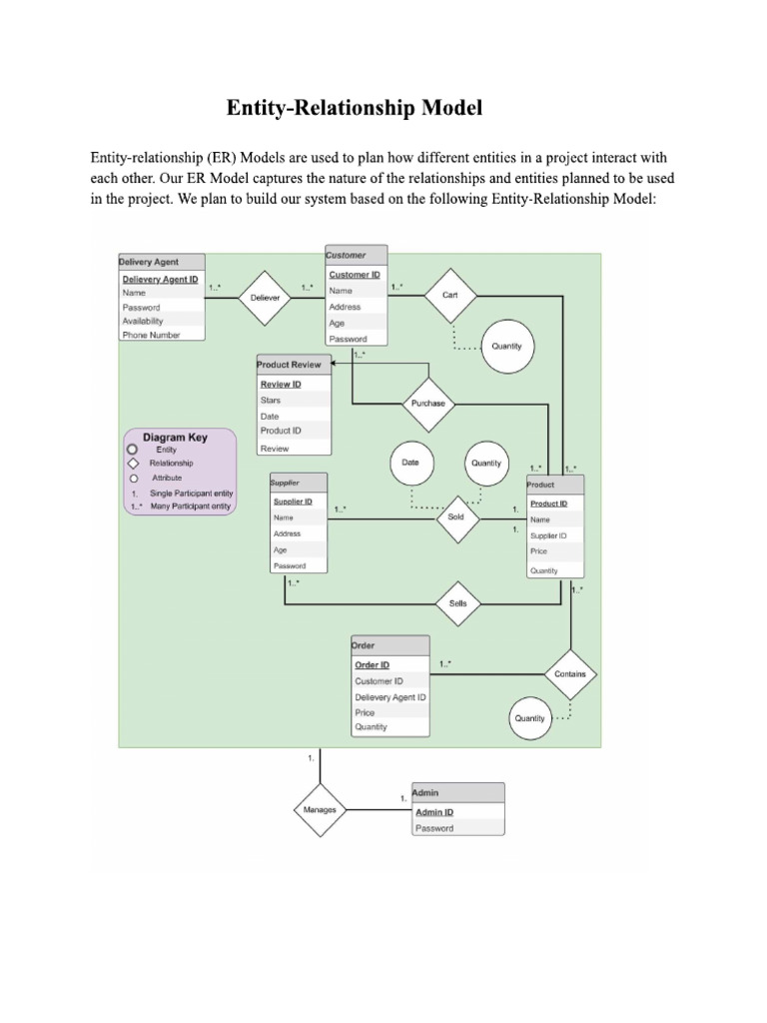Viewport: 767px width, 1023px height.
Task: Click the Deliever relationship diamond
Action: click(266, 298)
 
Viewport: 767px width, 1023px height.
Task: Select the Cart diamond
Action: click(450, 295)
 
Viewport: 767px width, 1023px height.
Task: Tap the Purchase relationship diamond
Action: click(428, 403)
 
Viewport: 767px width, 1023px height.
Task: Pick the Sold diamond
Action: click(456, 517)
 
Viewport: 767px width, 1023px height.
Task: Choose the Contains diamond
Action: click(570, 674)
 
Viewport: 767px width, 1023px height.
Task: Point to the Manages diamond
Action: click(320, 809)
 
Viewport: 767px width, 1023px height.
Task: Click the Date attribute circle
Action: click(410, 464)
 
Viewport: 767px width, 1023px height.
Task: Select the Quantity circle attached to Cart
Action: click(506, 346)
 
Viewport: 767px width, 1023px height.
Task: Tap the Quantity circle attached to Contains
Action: click(530, 718)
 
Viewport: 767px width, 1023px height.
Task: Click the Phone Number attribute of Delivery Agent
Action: click(151, 336)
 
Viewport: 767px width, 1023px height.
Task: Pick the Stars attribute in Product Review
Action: click(271, 401)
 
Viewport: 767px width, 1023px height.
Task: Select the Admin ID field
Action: click(434, 812)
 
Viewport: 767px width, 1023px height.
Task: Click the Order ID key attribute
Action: click(372, 665)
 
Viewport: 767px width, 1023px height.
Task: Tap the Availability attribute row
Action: click(143, 322)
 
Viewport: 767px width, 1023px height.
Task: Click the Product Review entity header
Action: click(293, 365)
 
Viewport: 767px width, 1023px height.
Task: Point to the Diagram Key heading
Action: click(176, 438)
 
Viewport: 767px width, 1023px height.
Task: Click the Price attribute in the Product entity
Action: click(539, 551)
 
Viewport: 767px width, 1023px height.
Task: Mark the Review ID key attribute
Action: click(281, 385)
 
